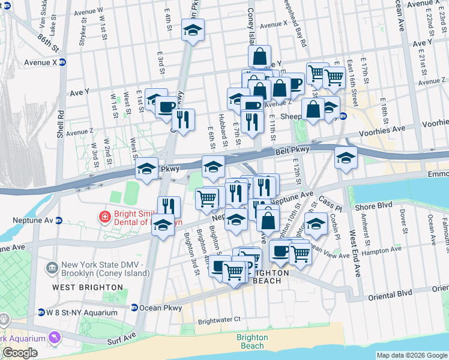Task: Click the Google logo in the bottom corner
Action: coord(20,353)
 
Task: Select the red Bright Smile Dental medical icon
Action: coord(104,216)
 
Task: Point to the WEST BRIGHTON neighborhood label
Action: coord(88,287)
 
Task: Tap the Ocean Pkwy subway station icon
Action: coord(134,307)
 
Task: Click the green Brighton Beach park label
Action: coord(252,341)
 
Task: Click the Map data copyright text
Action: coord(411,355)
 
